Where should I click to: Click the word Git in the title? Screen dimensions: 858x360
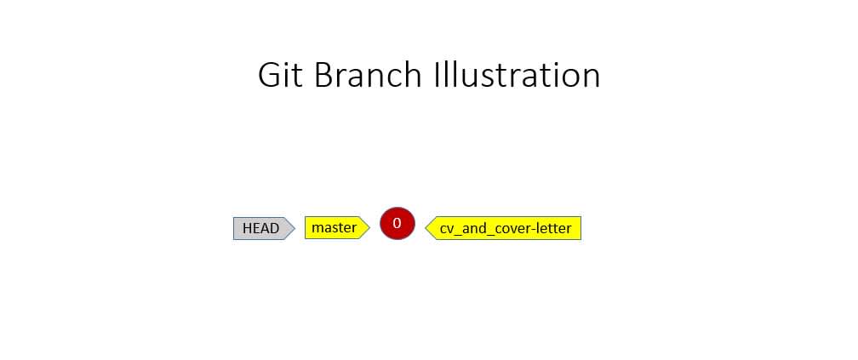click(x=280, y=75)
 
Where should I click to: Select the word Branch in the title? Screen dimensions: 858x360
click(x=368, y=75)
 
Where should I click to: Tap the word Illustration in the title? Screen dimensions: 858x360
click(x=518, y=74)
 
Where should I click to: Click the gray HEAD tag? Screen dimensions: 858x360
click(x=264, y=228)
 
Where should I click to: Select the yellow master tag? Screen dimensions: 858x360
click(x=337, y=227)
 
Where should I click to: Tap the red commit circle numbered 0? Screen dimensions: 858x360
click(x=398, y=223)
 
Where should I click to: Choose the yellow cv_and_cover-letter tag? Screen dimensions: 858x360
click(x=503, y=228)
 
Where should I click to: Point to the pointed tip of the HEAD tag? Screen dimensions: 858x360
click(x=295, y=228)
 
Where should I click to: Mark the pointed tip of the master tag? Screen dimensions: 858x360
click(x=369, y=227)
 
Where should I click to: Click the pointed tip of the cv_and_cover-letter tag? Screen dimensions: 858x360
click(x=426, y=228)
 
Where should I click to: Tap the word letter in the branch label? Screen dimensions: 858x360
click(x=553, y=228)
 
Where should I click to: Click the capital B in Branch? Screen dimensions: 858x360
click(x=323, y=75)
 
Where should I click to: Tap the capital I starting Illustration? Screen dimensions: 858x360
click(x=436, y=75)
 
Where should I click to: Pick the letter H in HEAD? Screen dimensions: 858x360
click(x=247, y=228)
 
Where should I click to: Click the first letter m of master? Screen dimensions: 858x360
click(x=317, y=228)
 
